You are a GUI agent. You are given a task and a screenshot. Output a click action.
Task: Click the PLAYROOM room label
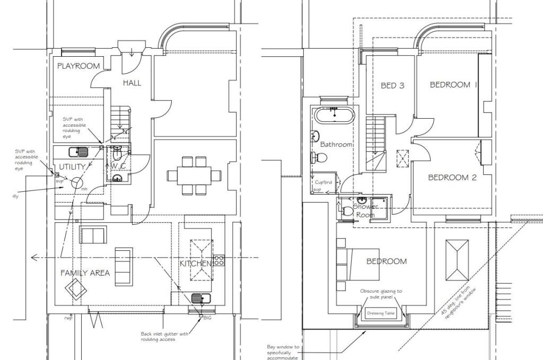[x=78, y=66]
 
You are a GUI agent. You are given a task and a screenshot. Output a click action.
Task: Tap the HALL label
[x=132, y=83]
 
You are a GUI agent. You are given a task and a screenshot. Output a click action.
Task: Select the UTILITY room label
[x=72, y=167]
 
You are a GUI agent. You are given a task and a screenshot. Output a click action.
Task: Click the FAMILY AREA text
[x=85, y=273]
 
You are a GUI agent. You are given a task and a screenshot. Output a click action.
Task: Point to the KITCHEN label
[x=196, y=264]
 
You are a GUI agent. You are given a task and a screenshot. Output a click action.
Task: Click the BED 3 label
[x=392, y=85]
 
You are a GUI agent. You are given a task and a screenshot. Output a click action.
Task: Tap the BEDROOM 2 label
[x=452, y=178]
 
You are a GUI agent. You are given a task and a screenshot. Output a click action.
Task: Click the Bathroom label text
[x=336, y=144]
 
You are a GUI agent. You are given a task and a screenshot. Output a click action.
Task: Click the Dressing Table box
[x=381, y=313]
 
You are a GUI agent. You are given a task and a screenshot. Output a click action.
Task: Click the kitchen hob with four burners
[x=219, y=260]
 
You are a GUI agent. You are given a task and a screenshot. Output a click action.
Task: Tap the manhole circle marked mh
[x=77, y=183]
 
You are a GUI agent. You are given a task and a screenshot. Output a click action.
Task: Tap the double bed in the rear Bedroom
[x=360, y=264]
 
